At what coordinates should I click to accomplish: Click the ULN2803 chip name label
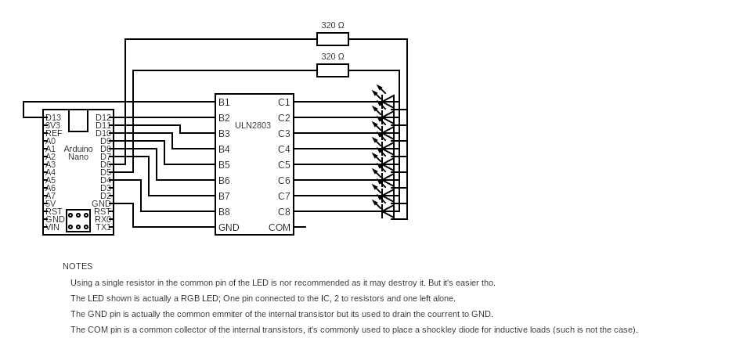(253, 125)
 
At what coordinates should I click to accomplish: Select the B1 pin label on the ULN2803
(224, 103)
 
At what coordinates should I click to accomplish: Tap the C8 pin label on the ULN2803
(283, 212)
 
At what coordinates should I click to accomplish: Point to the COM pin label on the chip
(280, 228)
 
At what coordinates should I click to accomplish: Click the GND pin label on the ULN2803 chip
(229, 228)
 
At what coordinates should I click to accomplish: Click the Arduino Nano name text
(78, 153)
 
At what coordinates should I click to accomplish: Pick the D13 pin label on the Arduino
(53, 117)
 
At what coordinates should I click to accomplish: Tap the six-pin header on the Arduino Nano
(78, 221)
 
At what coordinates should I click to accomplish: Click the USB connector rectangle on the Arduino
(78, 121)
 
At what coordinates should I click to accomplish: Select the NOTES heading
(78, 266)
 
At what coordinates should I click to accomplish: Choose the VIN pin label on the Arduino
(52, 227)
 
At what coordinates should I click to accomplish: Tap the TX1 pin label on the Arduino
(103, 227)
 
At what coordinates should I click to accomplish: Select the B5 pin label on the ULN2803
(224, 165)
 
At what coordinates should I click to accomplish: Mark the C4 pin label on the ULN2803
(283, 149)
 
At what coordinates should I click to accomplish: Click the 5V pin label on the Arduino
(50, 203)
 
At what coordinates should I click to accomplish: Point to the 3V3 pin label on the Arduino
(52, 125)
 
